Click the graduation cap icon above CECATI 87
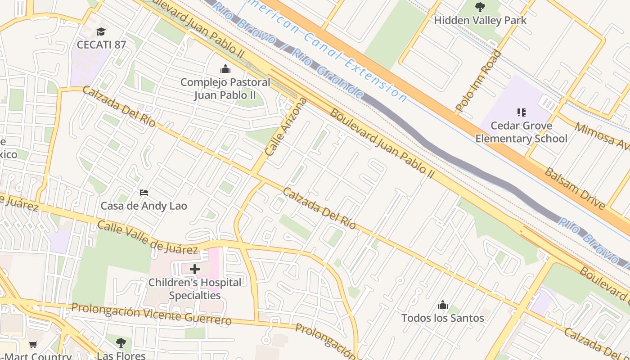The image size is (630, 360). [x=101, y=31]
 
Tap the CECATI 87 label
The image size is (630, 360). [x=101, y=45]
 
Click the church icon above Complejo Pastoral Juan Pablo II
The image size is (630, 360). [x=225, y=69]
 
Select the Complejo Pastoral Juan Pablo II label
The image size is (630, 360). [x=225, y=89]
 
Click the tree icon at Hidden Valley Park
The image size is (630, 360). [x=480, y=7]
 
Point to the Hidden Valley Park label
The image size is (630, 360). [x=480, y=20]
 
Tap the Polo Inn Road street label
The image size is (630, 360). [x=478, y=81]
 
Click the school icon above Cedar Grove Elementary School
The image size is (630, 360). [x=522, y=112]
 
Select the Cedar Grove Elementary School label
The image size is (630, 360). [x=522, y=132]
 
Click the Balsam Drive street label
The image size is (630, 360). [x=575, y=188]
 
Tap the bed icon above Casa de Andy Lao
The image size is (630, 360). [x=144, y=193]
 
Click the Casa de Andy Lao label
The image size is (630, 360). [x=144, y=206]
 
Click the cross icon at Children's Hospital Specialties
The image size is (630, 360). [x=195, y=269]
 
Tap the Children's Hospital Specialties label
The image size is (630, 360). [x=195, y=289]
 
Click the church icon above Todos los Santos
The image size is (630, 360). [x=443, y=305]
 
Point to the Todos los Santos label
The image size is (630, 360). [x=443, y=318]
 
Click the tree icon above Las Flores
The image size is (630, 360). [x=121, y=343]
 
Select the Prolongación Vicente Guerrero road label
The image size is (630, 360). [x=151, y=314]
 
